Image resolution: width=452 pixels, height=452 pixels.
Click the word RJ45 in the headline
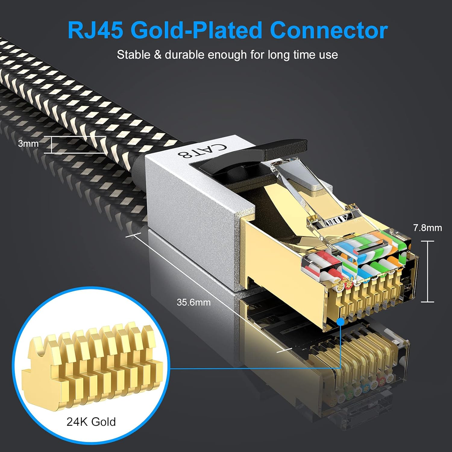point(95,30)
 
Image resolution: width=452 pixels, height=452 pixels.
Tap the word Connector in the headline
point(329,30)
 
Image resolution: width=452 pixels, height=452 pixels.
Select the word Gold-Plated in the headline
point(196,30)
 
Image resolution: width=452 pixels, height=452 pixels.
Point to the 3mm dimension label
point(28,143)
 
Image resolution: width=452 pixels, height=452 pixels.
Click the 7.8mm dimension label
point(427,228)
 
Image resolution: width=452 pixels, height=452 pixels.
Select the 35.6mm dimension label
point(193,302)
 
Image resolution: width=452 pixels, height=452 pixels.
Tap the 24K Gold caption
point(91,422)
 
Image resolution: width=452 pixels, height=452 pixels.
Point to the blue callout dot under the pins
point(341,322)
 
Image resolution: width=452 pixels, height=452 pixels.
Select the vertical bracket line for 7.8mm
point(428,271)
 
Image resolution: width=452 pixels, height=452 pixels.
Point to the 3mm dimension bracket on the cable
point(52,145)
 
